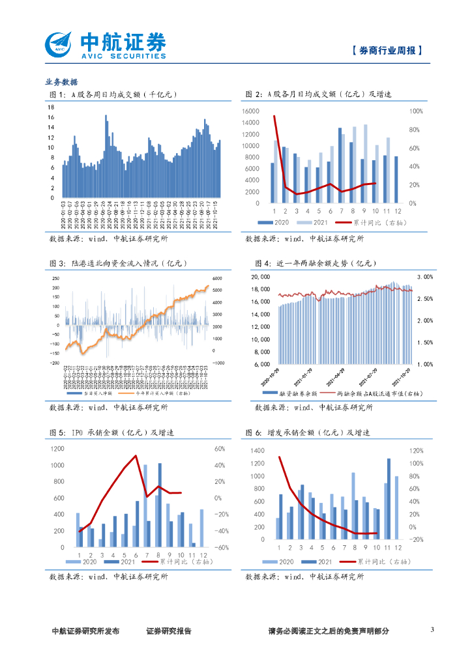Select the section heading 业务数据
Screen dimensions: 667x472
61,82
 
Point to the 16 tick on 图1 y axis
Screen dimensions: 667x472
51,117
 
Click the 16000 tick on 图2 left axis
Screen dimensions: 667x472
250,111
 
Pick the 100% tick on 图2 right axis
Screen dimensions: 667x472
416,111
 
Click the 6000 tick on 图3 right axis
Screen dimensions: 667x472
218,279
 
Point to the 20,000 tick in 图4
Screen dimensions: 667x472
261,277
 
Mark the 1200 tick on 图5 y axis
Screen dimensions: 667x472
56,449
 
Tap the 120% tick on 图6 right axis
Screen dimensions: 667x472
415,451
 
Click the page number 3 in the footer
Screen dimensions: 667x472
432,630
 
